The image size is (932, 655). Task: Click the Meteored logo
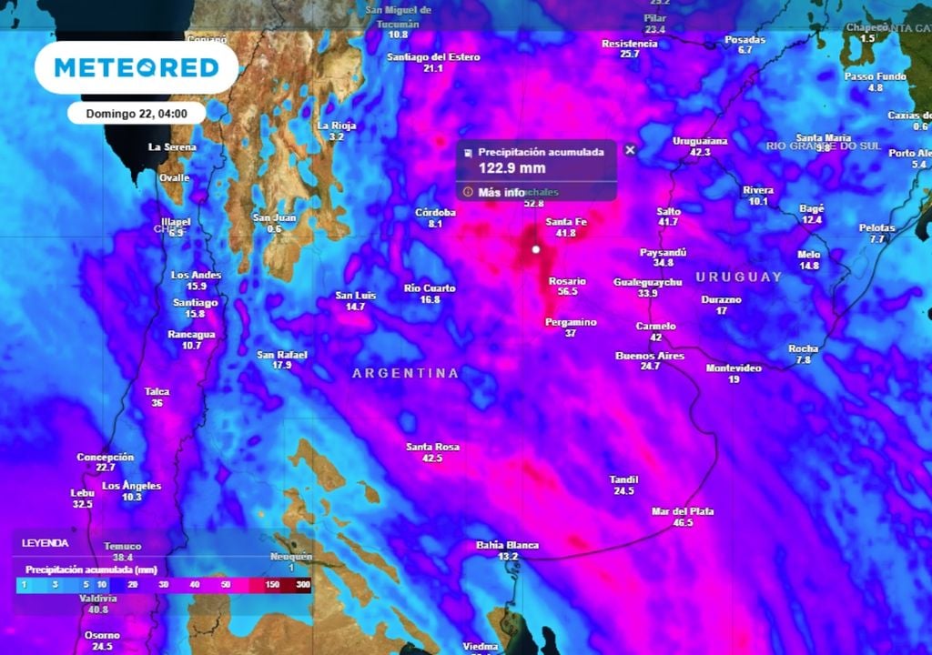click(x=137, y=67)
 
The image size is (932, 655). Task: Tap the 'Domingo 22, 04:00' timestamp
click(x=137, y=114)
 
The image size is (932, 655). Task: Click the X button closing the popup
click(x=630, y=150)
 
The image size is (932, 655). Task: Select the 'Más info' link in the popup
click(x=501, y=192)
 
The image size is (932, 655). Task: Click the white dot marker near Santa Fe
click(x=536, y=249)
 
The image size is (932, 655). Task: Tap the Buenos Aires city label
click(x=649, y=356)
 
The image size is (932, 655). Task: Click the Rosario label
click(x=567, y=281)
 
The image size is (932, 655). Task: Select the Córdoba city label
click(x=435, y=213)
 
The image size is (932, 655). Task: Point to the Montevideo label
click(x=734, y=368)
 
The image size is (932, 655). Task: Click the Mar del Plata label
click(x=683, y=511)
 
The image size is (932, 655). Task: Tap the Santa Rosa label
click(x=432, y=447)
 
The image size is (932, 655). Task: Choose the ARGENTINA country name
click(x=405, y=373)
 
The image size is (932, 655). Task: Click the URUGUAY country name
click(x=739, y=277)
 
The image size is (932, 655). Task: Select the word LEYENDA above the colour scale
click(x=45, y=543)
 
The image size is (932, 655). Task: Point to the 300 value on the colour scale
click(x=302, y=583)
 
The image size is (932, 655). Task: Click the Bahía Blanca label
click(x=507, y=545)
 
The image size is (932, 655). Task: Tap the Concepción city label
click(x=105, y=457)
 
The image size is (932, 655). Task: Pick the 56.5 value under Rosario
click(x=568, y=292)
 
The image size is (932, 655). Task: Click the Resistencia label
click(x=629, y=44)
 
